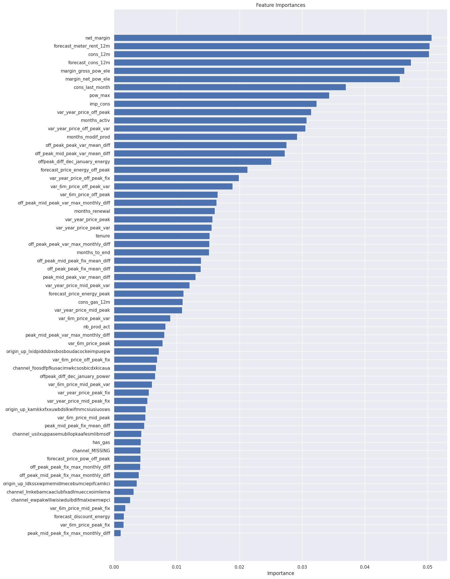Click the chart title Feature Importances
pyautogui.click(x=280, y=5)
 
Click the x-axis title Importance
pyautogui.click(x=280, y=573)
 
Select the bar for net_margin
pyautogui.click(x=272, y=38)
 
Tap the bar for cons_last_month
pyautogui.click(x=230, y=87)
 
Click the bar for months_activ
pyautogui.click(x=210, y=120)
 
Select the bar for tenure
pyautogui.click(x=162, y=236)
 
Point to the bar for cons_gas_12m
pyautogui.click(x=148, y=302)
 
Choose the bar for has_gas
pyautogui.click(x=127, y=442)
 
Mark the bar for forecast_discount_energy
pyautogui.click(x=119, y=517)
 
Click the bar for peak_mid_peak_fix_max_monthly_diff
pyautogui.click(x=117, y=533)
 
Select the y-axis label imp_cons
pyautogui.click(x=100, y=104)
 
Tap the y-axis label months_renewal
pyautogui.click(x=92, y=211)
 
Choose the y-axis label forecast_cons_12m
pyautogui.click(x=89, y=63)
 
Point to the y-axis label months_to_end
pyautogui.click(x=93, y=252)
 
